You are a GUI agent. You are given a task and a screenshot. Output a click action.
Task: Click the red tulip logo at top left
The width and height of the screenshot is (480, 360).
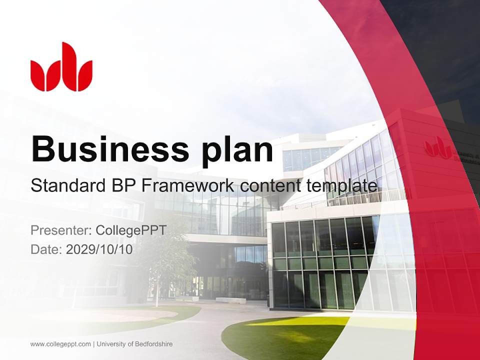click(x=61, y=67)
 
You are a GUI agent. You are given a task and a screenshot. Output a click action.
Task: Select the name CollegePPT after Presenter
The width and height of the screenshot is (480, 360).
click(x=130, y=230)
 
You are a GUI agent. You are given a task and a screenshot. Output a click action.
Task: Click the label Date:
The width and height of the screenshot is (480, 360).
click(x=46, y=249)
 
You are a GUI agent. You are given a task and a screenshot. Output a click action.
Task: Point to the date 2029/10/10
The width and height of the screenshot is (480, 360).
click(x=99, y=249)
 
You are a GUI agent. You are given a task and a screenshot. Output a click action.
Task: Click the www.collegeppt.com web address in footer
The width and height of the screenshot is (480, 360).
click(x=60, y=344)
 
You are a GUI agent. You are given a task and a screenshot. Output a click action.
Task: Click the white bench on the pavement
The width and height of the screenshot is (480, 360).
click(x=230, y=300)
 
